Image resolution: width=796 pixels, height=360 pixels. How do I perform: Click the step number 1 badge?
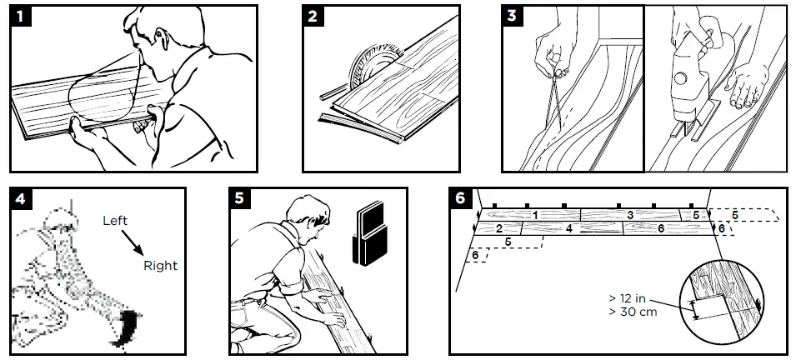[20, 16]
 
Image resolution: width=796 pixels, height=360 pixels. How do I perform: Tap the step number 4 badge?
[20, 198]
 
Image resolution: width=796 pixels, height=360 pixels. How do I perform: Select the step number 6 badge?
[460, 198]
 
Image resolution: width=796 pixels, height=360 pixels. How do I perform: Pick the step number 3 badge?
[513, 16]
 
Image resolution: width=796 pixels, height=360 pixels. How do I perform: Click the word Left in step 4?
[115, 221]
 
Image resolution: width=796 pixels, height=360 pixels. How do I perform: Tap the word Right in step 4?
[160, 266]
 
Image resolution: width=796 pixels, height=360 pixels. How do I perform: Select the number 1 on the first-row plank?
[535, 215]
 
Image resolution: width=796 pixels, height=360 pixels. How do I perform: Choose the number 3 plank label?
[630, 215]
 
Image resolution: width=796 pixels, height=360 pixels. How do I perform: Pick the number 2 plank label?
[499, 229]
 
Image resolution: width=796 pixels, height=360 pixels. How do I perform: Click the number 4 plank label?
[569, 229]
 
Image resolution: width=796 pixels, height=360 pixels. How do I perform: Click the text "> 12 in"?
[628, 298]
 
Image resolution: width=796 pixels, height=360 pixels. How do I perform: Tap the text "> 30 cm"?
[633, 312]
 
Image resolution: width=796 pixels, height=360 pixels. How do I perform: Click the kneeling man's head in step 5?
[308, 213]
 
